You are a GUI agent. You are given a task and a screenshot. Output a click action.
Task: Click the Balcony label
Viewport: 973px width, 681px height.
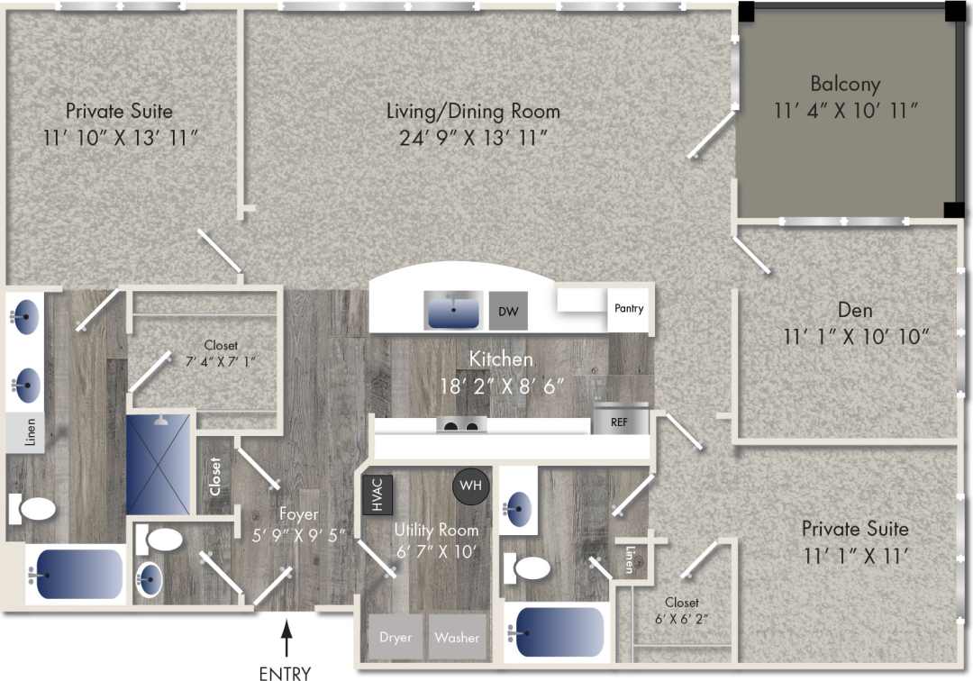(x=844, y=84)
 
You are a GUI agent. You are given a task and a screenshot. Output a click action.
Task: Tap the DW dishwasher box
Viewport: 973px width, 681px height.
(x=507, y=311)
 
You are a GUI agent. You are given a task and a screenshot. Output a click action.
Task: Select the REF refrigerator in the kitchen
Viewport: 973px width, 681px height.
(x=620, y=421)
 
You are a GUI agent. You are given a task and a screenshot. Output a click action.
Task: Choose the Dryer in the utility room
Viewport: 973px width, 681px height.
(x=395, y=638)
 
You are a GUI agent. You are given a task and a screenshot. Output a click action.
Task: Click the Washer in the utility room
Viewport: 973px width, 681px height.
(x=457, y=638)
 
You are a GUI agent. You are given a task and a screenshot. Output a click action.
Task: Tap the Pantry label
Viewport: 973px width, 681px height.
(x=629, y=308)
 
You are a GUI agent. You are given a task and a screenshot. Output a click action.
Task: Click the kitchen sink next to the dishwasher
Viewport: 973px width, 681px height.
(x=454, y=311)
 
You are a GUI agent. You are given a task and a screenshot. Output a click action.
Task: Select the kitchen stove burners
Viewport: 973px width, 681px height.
(x=461, y=425)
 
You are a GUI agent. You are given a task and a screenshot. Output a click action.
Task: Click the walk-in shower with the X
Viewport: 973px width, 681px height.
(x=159, y=465)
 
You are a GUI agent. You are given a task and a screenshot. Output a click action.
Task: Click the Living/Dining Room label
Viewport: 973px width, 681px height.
(x=473, y=112)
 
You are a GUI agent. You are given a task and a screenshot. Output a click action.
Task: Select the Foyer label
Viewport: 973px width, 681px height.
(x=298, y=514)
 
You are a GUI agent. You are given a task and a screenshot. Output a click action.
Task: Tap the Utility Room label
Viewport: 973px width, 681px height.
(x=436, y=531)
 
